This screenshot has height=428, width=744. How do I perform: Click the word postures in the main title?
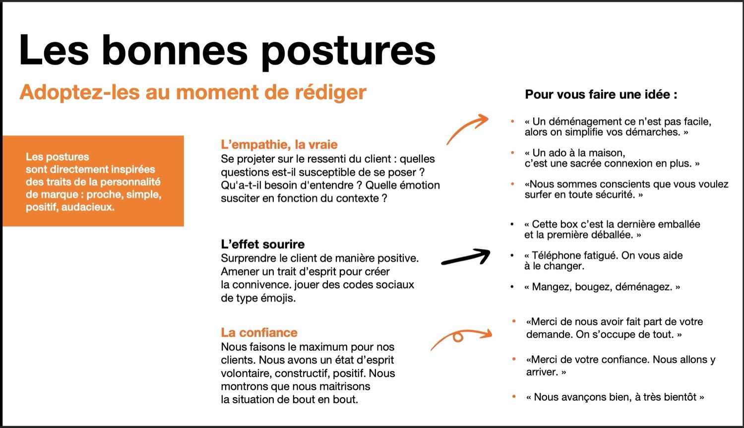coord(348,51)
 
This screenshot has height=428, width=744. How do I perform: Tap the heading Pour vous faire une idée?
coord(601,94)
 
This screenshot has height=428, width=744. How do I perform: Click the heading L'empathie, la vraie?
coord(279,145)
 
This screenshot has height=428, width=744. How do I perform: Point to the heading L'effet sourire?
coord(262,244)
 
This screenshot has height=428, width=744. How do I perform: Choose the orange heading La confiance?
coord(259,332)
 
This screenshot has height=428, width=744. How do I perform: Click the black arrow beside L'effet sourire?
coord(465,257)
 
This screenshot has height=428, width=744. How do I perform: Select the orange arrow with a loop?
coord(461,337)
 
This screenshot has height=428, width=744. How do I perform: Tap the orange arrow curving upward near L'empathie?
coord(467,128)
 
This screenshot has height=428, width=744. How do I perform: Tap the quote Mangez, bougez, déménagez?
coord(602,287)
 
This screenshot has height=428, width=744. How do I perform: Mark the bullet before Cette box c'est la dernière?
coord(512,225)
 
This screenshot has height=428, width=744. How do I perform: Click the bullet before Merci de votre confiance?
coord(514,360)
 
